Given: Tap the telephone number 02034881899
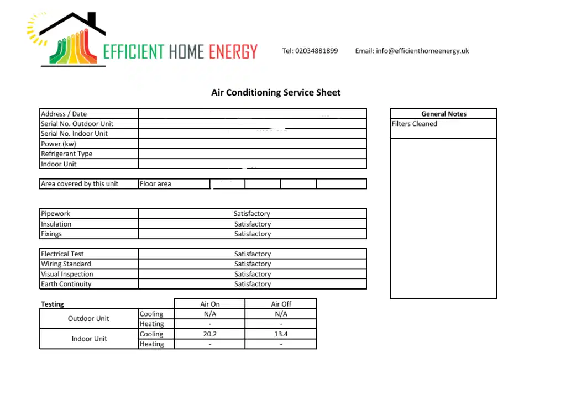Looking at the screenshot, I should point(316,51).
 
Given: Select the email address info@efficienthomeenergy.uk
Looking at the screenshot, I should point(422,51).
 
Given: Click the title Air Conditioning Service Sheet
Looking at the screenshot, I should point(276,93).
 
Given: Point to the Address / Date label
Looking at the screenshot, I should point(64,114).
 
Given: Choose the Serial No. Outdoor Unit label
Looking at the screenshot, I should point(77,124).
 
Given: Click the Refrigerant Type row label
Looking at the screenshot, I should point(66,154).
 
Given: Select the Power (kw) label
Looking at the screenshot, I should point(58,144).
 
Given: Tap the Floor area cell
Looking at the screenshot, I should point(155,184).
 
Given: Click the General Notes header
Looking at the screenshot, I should point(443,114).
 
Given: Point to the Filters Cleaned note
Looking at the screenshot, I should point(414,124).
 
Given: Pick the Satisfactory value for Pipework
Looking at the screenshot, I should point(252,214).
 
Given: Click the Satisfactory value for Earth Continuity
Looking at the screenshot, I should point(252,284).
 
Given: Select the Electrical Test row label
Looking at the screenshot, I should point(62,254).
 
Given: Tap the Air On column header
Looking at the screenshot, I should point(209,304).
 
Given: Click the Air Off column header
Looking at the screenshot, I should point(281,304).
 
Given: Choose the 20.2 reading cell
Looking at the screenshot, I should point(209,334).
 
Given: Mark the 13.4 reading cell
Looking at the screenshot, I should point(281,334).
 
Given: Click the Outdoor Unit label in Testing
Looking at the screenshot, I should point(88,319).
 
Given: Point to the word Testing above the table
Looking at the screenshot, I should point(52,304).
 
